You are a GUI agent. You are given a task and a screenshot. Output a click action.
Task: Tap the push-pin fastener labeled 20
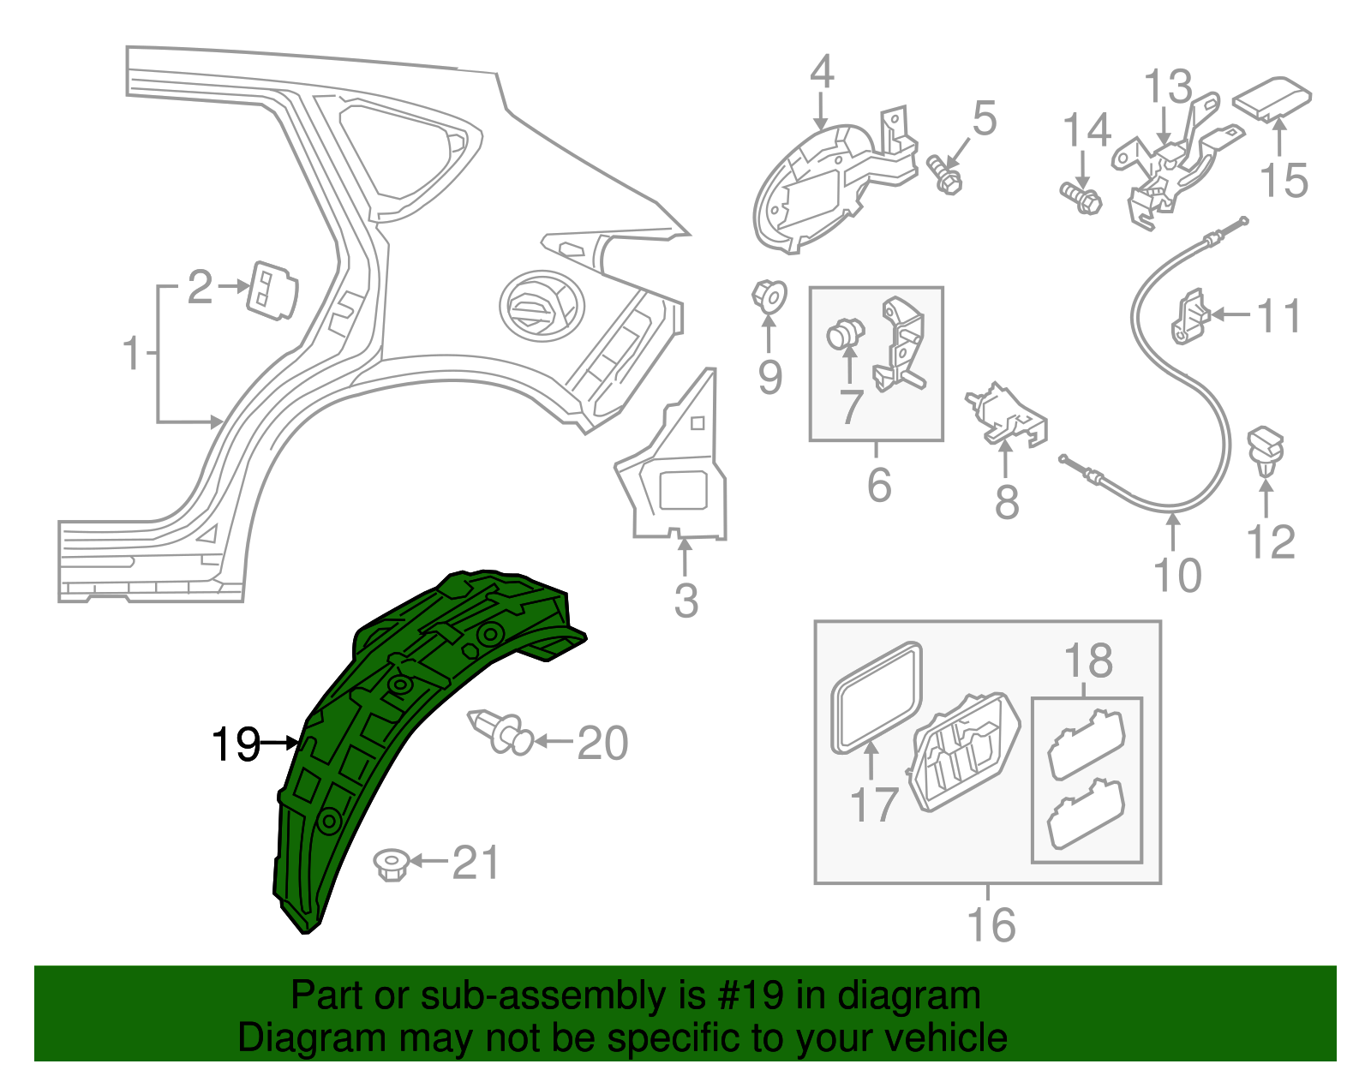pos(501,731)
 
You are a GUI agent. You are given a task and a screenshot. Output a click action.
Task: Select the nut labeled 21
pos(392,864)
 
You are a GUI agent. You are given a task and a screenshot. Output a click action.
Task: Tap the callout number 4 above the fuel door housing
pos(821,72)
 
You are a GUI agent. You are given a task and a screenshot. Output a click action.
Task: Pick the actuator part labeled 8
pos(1007,415)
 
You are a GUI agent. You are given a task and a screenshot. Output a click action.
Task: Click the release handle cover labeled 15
pos(1272,99)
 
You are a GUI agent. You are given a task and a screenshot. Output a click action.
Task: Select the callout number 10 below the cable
pos(1177,575)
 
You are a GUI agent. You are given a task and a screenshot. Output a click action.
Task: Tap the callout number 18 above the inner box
pos(1087,661)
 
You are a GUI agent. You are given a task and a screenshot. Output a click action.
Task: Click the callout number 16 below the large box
pos(991,925)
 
